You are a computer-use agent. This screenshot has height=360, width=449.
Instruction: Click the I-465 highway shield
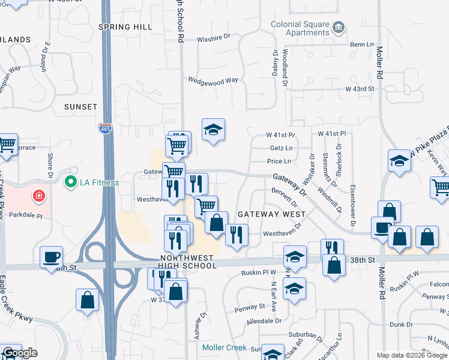(x=104, y=127)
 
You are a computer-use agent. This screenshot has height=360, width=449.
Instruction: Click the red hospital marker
(x=39, y=196)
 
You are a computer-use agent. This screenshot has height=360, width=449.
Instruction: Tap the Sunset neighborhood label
(x=80, y=107)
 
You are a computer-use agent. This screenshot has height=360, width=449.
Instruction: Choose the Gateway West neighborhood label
(x=271, y=214)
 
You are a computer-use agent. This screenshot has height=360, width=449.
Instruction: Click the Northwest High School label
(x=188, y=261)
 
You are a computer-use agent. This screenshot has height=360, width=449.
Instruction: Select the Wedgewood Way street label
(x=213, y=80)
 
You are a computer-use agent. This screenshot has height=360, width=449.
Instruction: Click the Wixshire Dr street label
(x=214, y=40)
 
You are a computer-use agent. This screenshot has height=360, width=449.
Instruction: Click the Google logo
(x=20, y=353)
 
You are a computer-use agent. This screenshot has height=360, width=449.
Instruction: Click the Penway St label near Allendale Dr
(x=253, y=306)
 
